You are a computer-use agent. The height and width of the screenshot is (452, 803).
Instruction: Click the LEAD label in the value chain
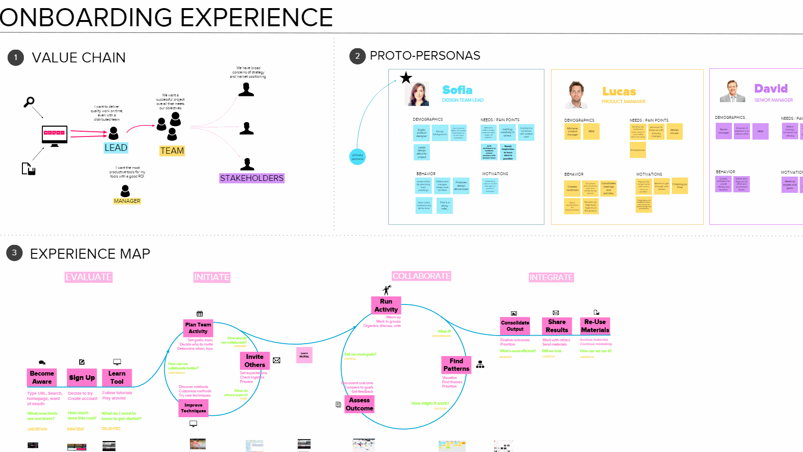point(116,148)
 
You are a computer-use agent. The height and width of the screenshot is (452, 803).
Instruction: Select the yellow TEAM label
point(172,151)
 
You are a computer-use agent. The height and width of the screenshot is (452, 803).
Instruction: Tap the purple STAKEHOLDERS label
point(251,178)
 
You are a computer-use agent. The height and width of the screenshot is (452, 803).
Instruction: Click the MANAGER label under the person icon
point(127,201)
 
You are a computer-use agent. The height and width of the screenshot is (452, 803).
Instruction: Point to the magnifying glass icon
point(29,102)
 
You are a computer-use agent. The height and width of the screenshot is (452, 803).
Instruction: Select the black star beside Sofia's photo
point(406,78)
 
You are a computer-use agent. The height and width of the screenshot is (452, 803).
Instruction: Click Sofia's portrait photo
point(417,94)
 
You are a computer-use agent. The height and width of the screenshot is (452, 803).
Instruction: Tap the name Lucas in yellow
point(619,92)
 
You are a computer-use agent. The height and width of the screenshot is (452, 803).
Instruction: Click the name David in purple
point(771,89)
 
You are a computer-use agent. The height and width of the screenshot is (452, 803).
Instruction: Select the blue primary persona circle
point(357,157)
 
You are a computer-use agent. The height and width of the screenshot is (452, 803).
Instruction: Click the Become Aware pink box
point(42,378)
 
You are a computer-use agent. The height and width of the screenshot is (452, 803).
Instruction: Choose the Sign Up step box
point(82,378)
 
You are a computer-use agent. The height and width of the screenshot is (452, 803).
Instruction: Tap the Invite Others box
point(255,361)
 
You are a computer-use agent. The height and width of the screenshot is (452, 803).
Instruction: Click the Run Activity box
point(386,305)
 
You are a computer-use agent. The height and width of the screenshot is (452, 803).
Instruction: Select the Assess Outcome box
point(359,404)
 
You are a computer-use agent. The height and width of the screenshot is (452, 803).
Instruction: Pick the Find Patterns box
point(456,365)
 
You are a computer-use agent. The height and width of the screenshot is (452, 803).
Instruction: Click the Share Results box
point(557,326)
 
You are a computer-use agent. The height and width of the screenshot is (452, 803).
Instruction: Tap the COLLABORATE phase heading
point(421,276)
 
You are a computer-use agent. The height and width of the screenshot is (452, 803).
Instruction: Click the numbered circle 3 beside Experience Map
point(14,253)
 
